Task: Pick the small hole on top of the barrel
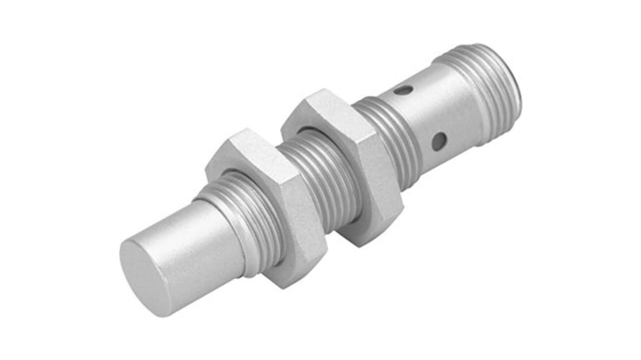403,90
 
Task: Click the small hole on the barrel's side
438,142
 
